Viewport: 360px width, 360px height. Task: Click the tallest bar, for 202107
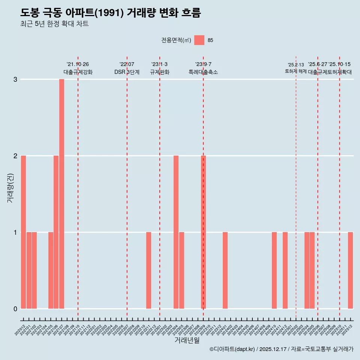[x=61, y=194]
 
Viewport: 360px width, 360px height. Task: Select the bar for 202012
[x=24, y=232]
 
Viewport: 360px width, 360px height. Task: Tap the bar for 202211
[x=148, y=270]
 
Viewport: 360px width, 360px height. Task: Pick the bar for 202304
[x=176, y=232]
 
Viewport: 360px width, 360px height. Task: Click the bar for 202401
[x=225, y=270]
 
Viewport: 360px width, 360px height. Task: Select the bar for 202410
[x=274, y=270]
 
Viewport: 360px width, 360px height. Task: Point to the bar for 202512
[x=350, y=270]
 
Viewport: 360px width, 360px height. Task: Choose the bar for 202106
[x=56, y=232]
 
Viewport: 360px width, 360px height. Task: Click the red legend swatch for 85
[x=199, y=40]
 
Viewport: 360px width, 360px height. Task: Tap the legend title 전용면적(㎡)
[x=176, y=40]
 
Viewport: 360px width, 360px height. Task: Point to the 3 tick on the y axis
[x=15, y=79]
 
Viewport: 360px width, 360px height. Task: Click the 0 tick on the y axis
[x=15, y=309]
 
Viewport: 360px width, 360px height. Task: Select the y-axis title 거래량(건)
[x=10, y=187]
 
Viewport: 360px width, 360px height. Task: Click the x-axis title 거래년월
[x=187, y=340]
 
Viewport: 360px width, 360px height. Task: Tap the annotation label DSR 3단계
[x=127, y=72]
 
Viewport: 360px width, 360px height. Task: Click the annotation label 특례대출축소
[x=203, y=72]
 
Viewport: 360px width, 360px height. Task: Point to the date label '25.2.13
[x=296, y=65]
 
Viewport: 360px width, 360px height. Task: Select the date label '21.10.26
[x=78, y=64]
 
